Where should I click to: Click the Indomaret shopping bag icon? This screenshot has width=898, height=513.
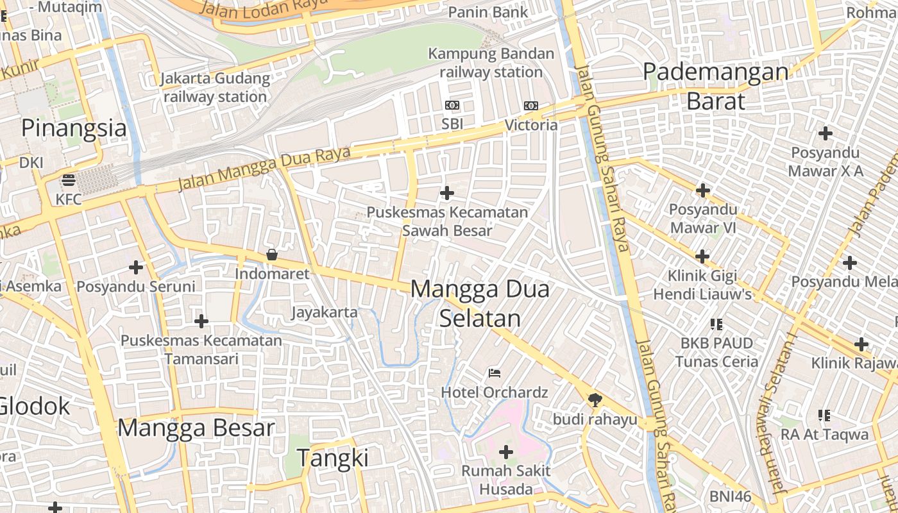point(272,255)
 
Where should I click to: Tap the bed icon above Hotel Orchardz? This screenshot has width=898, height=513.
point(494,373)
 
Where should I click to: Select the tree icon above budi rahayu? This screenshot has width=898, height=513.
point(595,400)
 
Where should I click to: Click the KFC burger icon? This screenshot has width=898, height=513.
point(69,180)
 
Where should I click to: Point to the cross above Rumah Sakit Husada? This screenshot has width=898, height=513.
point(506,452)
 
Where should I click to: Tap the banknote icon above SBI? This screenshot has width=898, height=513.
point(452,105)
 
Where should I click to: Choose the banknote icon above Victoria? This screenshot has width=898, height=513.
point(531,106)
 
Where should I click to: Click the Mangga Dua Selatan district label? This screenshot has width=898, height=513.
point(480,303)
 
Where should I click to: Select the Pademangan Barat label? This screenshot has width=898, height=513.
point(716,86)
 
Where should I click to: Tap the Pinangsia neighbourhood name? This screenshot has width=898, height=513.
point(74,128)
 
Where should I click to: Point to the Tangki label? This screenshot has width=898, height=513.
point(332,458)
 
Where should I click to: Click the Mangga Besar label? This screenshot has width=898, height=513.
point(196,428)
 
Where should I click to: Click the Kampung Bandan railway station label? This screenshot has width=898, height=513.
point(491,63)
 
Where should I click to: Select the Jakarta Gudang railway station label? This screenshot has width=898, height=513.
point(215,88)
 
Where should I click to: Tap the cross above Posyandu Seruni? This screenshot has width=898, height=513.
point(136,267)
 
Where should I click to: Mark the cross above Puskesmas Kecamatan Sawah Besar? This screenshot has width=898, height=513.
point(447,192)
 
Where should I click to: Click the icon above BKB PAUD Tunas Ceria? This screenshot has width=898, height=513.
point(716,324)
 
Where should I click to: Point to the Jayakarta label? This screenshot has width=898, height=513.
point(324,312)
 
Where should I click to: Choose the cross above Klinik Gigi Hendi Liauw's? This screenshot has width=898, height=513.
point(702,256)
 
